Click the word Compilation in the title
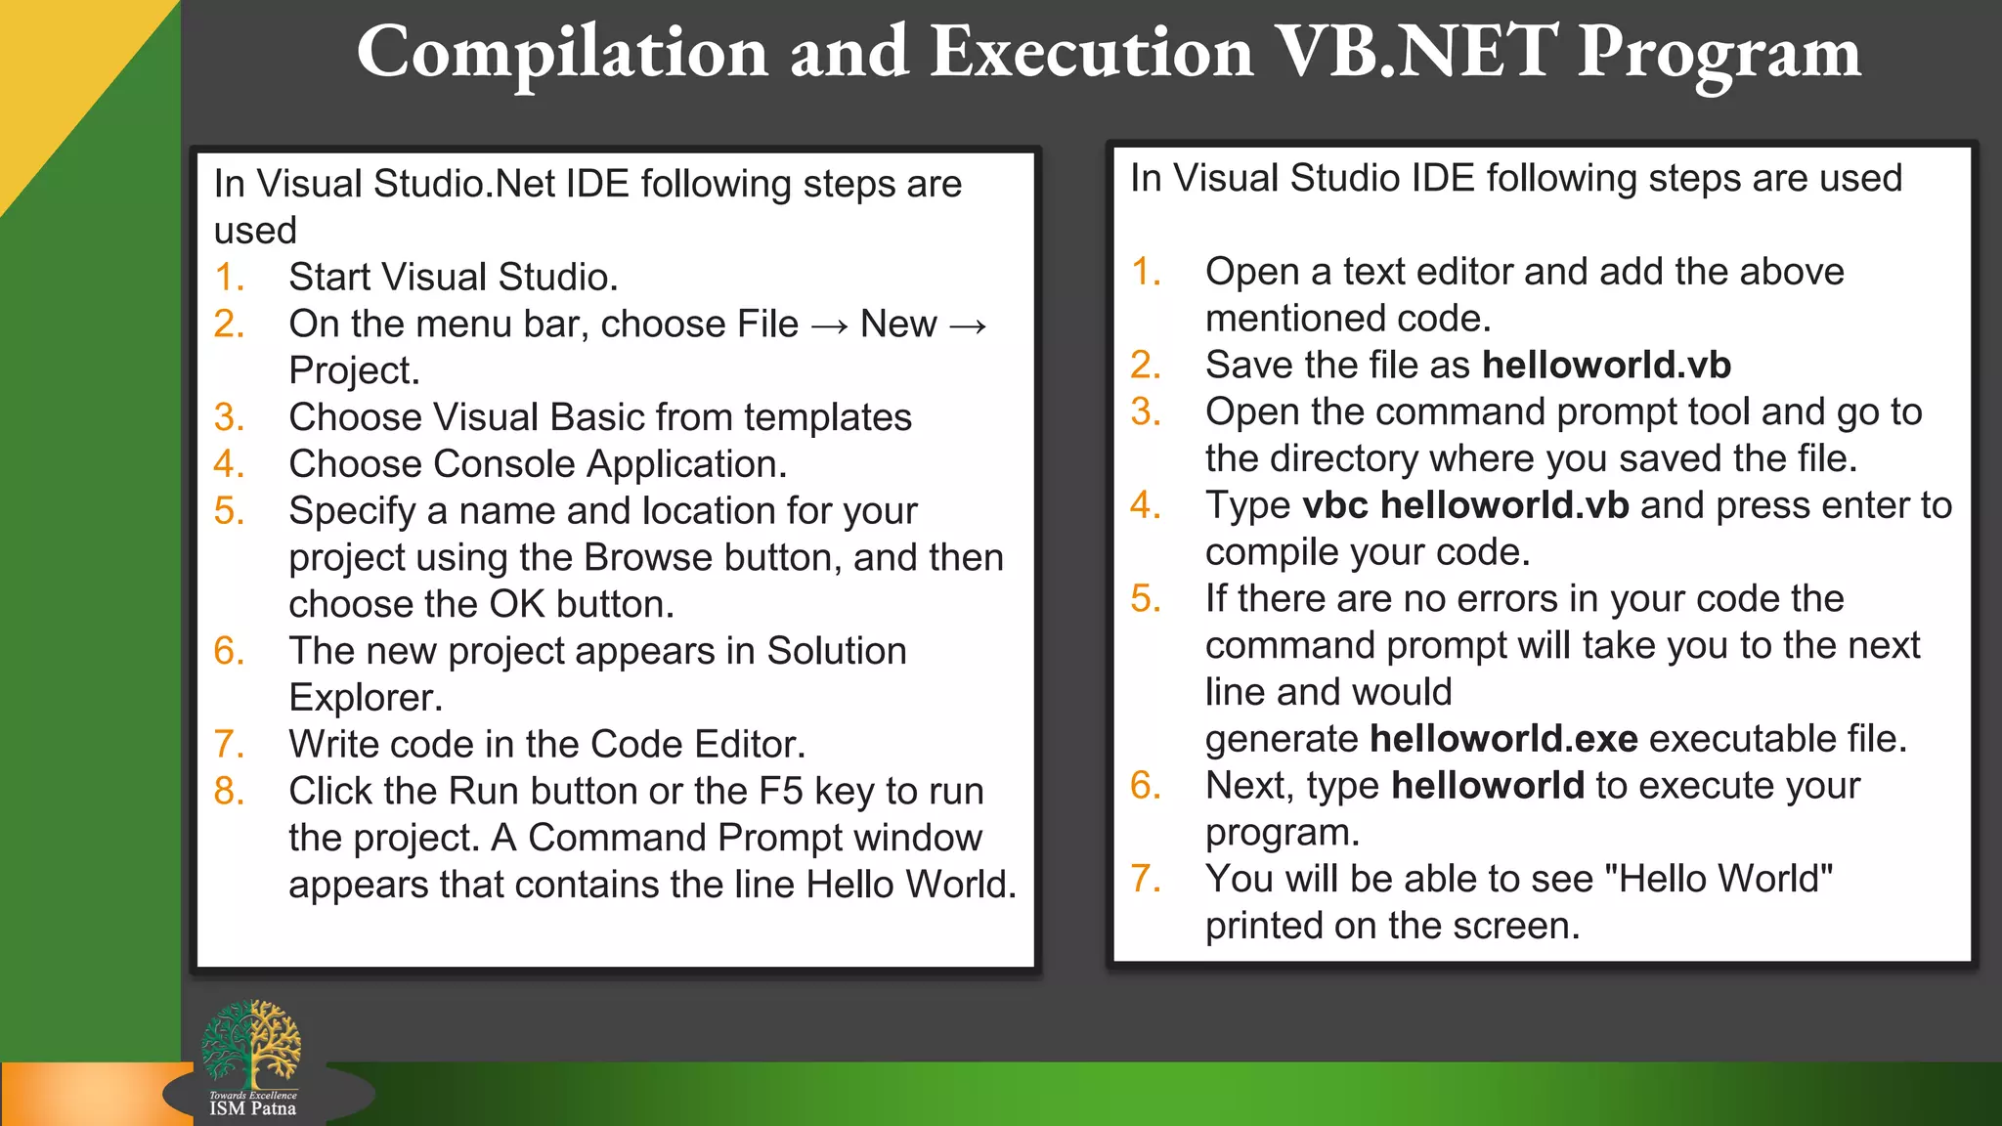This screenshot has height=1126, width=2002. click(562, 54)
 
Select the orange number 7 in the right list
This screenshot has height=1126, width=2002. click(1145, 878)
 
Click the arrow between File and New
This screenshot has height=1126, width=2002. click(829, 325)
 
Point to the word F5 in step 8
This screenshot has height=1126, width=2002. click(780, 791)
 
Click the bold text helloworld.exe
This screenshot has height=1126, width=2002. click(1502, 739)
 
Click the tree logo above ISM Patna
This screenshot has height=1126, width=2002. click(251, 1043)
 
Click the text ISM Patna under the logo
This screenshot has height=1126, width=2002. click(252, 1108)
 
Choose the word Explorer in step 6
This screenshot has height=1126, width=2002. click(365, 698)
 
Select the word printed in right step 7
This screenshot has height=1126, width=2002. click(1264, 926)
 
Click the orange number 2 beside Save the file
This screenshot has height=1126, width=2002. click(1145, 365)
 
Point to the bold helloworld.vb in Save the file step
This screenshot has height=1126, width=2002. click(1606, 365)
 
